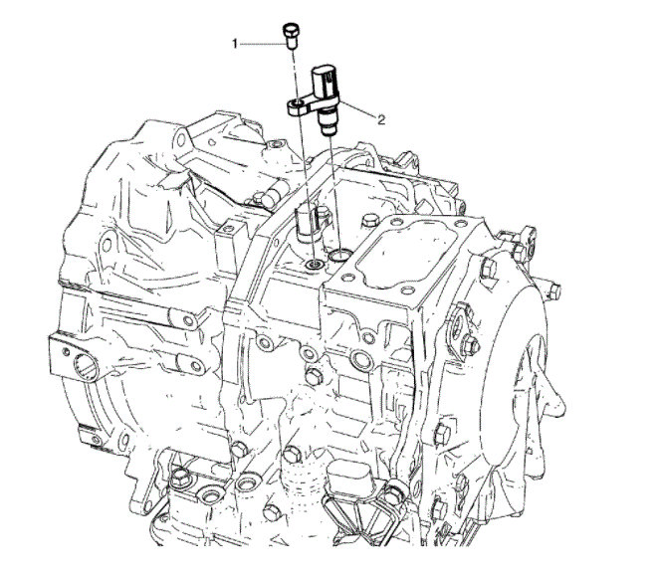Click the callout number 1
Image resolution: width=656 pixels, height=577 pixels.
pyautogui.click(x=236, y=44)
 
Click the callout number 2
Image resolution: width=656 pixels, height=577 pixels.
pyautogui.click(x=380, y=119)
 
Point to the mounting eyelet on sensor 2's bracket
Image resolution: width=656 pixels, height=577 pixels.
pyautogui.click(x=298, y=103)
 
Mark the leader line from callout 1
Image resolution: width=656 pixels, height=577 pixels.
pyautogui.click(x=259, y=44)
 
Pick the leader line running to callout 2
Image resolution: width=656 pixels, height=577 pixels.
pyautogui.click(x=357, y=111)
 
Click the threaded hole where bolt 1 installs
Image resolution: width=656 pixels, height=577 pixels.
pyautogui.click(x=316, y=265)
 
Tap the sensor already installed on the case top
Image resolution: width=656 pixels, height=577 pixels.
pyautogui.click(x=310, y=222)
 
